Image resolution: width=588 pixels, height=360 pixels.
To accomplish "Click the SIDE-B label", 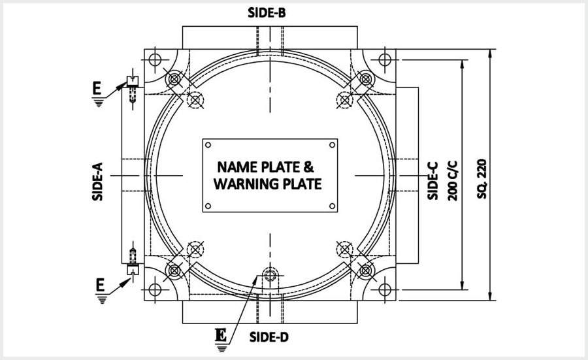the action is click(x=267, y=13).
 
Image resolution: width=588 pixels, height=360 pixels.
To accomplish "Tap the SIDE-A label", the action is click(x=97, y=182).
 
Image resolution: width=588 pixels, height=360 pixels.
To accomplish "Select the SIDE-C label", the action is click(x=433, y=181).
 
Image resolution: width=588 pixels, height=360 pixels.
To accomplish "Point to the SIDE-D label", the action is click(x=269, y=337).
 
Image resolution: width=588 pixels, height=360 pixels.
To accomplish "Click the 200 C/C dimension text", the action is click(x=453, y=181).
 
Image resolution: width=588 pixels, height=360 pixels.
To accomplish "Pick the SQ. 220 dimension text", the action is click(x=482, y=179).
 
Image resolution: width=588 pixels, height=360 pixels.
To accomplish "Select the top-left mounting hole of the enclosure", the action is click(x=155, y=59).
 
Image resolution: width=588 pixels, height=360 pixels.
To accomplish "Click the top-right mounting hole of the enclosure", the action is click(x=385, y=59).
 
